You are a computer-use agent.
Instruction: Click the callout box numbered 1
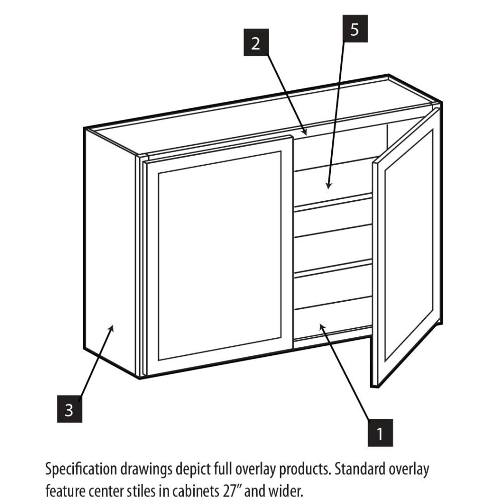click(x=380, y=433)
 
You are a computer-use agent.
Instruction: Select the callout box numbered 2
click(x=256, y=43)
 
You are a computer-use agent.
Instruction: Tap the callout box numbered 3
click(x=69, y=409)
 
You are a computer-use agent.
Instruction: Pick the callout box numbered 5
click(x=355, y=29)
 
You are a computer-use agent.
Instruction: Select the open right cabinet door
click(x=408, y=246)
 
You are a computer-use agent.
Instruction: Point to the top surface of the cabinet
click(x=261, y=115)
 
